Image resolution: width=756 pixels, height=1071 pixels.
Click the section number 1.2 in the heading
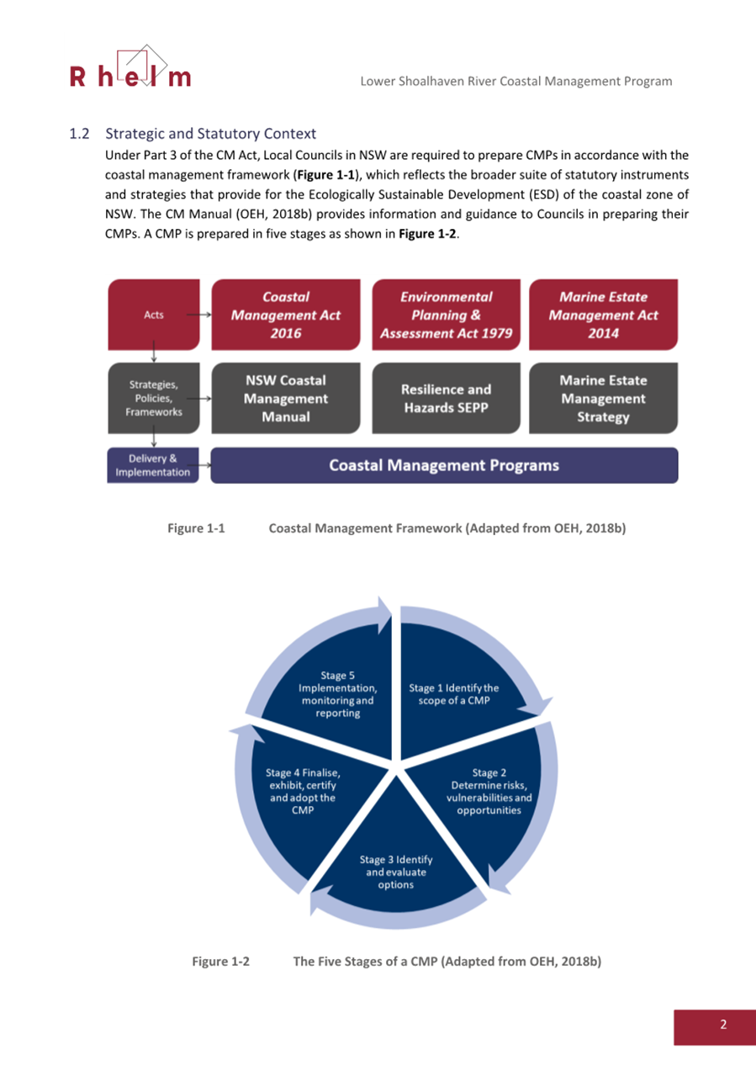coord(79,134)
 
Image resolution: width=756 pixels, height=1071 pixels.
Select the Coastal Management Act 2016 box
coord(285,315)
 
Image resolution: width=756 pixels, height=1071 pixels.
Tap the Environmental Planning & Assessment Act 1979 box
coord(446,315)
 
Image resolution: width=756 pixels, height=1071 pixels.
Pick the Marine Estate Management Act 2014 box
coord(603,315)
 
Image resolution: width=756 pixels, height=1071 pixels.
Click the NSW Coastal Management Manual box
coord(285,398)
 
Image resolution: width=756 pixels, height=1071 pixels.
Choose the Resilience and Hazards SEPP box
coord(446,398)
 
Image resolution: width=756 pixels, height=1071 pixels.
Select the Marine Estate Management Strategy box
coord(603,398)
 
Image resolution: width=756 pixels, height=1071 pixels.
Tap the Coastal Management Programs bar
coord(443,465)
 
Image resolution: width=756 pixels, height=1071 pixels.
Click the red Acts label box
coord(153,315)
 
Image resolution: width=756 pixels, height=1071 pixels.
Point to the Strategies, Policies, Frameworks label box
coord(155,398)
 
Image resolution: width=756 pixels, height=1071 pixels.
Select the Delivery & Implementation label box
coord(153,465)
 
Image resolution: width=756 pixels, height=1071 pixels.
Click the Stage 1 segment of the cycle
coord(454,695)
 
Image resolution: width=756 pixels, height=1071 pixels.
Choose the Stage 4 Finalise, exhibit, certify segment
coord(303,791)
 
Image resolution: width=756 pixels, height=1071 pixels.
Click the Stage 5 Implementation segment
coord(336,694)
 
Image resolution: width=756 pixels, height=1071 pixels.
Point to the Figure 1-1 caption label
coord(196,528)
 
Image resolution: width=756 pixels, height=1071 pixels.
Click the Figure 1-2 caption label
coord(220,961)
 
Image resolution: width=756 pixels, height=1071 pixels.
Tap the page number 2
coord(722,1024)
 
